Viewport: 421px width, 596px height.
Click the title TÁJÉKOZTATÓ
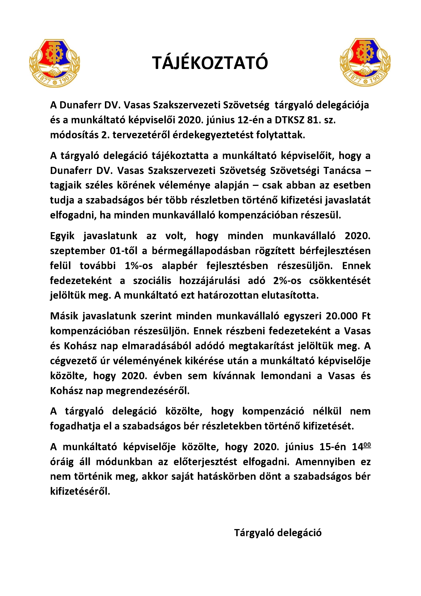coord(210,63)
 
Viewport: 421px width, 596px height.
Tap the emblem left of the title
coord(55,63)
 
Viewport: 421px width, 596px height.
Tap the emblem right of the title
coord(365,62)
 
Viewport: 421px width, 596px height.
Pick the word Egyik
coord(62,236)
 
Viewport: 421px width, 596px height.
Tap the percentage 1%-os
coord(139,266)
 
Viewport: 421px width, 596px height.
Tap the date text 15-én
coord(333,447)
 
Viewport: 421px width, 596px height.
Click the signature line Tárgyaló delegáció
coord(278,532)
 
